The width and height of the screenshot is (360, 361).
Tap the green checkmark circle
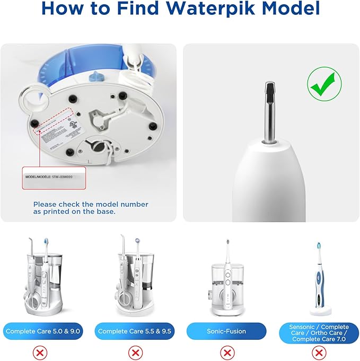point(324,83)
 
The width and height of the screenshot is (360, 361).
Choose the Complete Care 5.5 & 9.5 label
point(136,331)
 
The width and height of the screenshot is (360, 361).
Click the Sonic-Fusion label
point(226,331)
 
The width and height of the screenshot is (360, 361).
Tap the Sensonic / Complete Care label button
point(319,333)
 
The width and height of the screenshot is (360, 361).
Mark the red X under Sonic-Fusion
point(227,352)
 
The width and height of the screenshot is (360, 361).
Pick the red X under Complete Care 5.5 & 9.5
point(136,352)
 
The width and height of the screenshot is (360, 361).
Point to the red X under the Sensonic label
point(318,352)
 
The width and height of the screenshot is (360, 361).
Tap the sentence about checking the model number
point(91,208)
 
